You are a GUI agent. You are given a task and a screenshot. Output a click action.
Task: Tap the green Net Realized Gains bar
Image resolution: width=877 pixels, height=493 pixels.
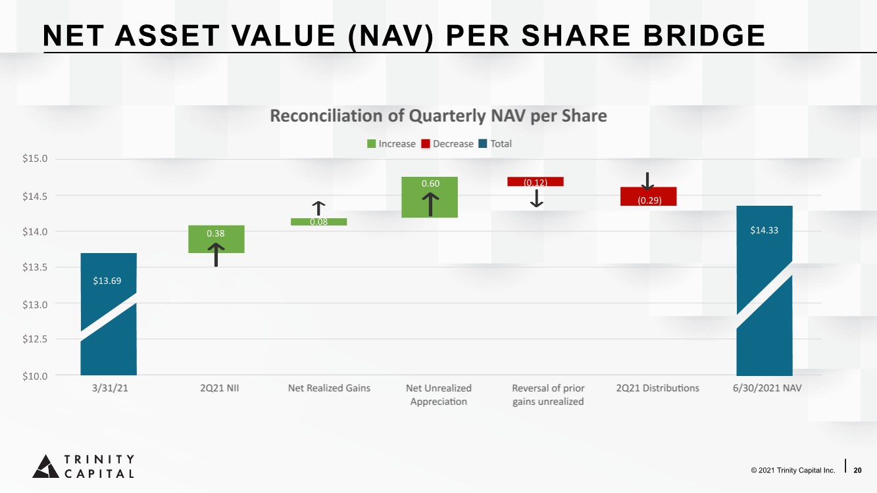318,222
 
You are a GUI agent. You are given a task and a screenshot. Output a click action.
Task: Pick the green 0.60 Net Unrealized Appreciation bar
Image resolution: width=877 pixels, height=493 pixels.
430,197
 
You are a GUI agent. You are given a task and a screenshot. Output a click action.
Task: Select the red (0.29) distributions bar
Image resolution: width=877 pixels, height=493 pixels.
648,197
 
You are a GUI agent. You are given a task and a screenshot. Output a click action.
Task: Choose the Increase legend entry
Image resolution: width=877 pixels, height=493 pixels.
391,144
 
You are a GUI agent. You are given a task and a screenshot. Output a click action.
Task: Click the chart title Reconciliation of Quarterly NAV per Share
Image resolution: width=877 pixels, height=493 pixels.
438,116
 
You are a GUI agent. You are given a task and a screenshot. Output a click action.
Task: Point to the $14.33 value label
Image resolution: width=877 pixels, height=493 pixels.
764,231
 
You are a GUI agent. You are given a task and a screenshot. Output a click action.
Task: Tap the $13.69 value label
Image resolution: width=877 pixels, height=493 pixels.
107,281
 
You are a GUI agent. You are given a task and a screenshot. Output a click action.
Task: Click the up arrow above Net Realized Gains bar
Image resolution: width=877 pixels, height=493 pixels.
318,208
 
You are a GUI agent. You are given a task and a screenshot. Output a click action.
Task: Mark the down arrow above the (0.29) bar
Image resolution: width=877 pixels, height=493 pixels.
647,181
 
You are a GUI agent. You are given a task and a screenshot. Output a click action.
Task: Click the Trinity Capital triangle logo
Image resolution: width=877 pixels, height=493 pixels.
45,465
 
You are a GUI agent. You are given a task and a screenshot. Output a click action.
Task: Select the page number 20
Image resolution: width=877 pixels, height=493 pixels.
857,470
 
